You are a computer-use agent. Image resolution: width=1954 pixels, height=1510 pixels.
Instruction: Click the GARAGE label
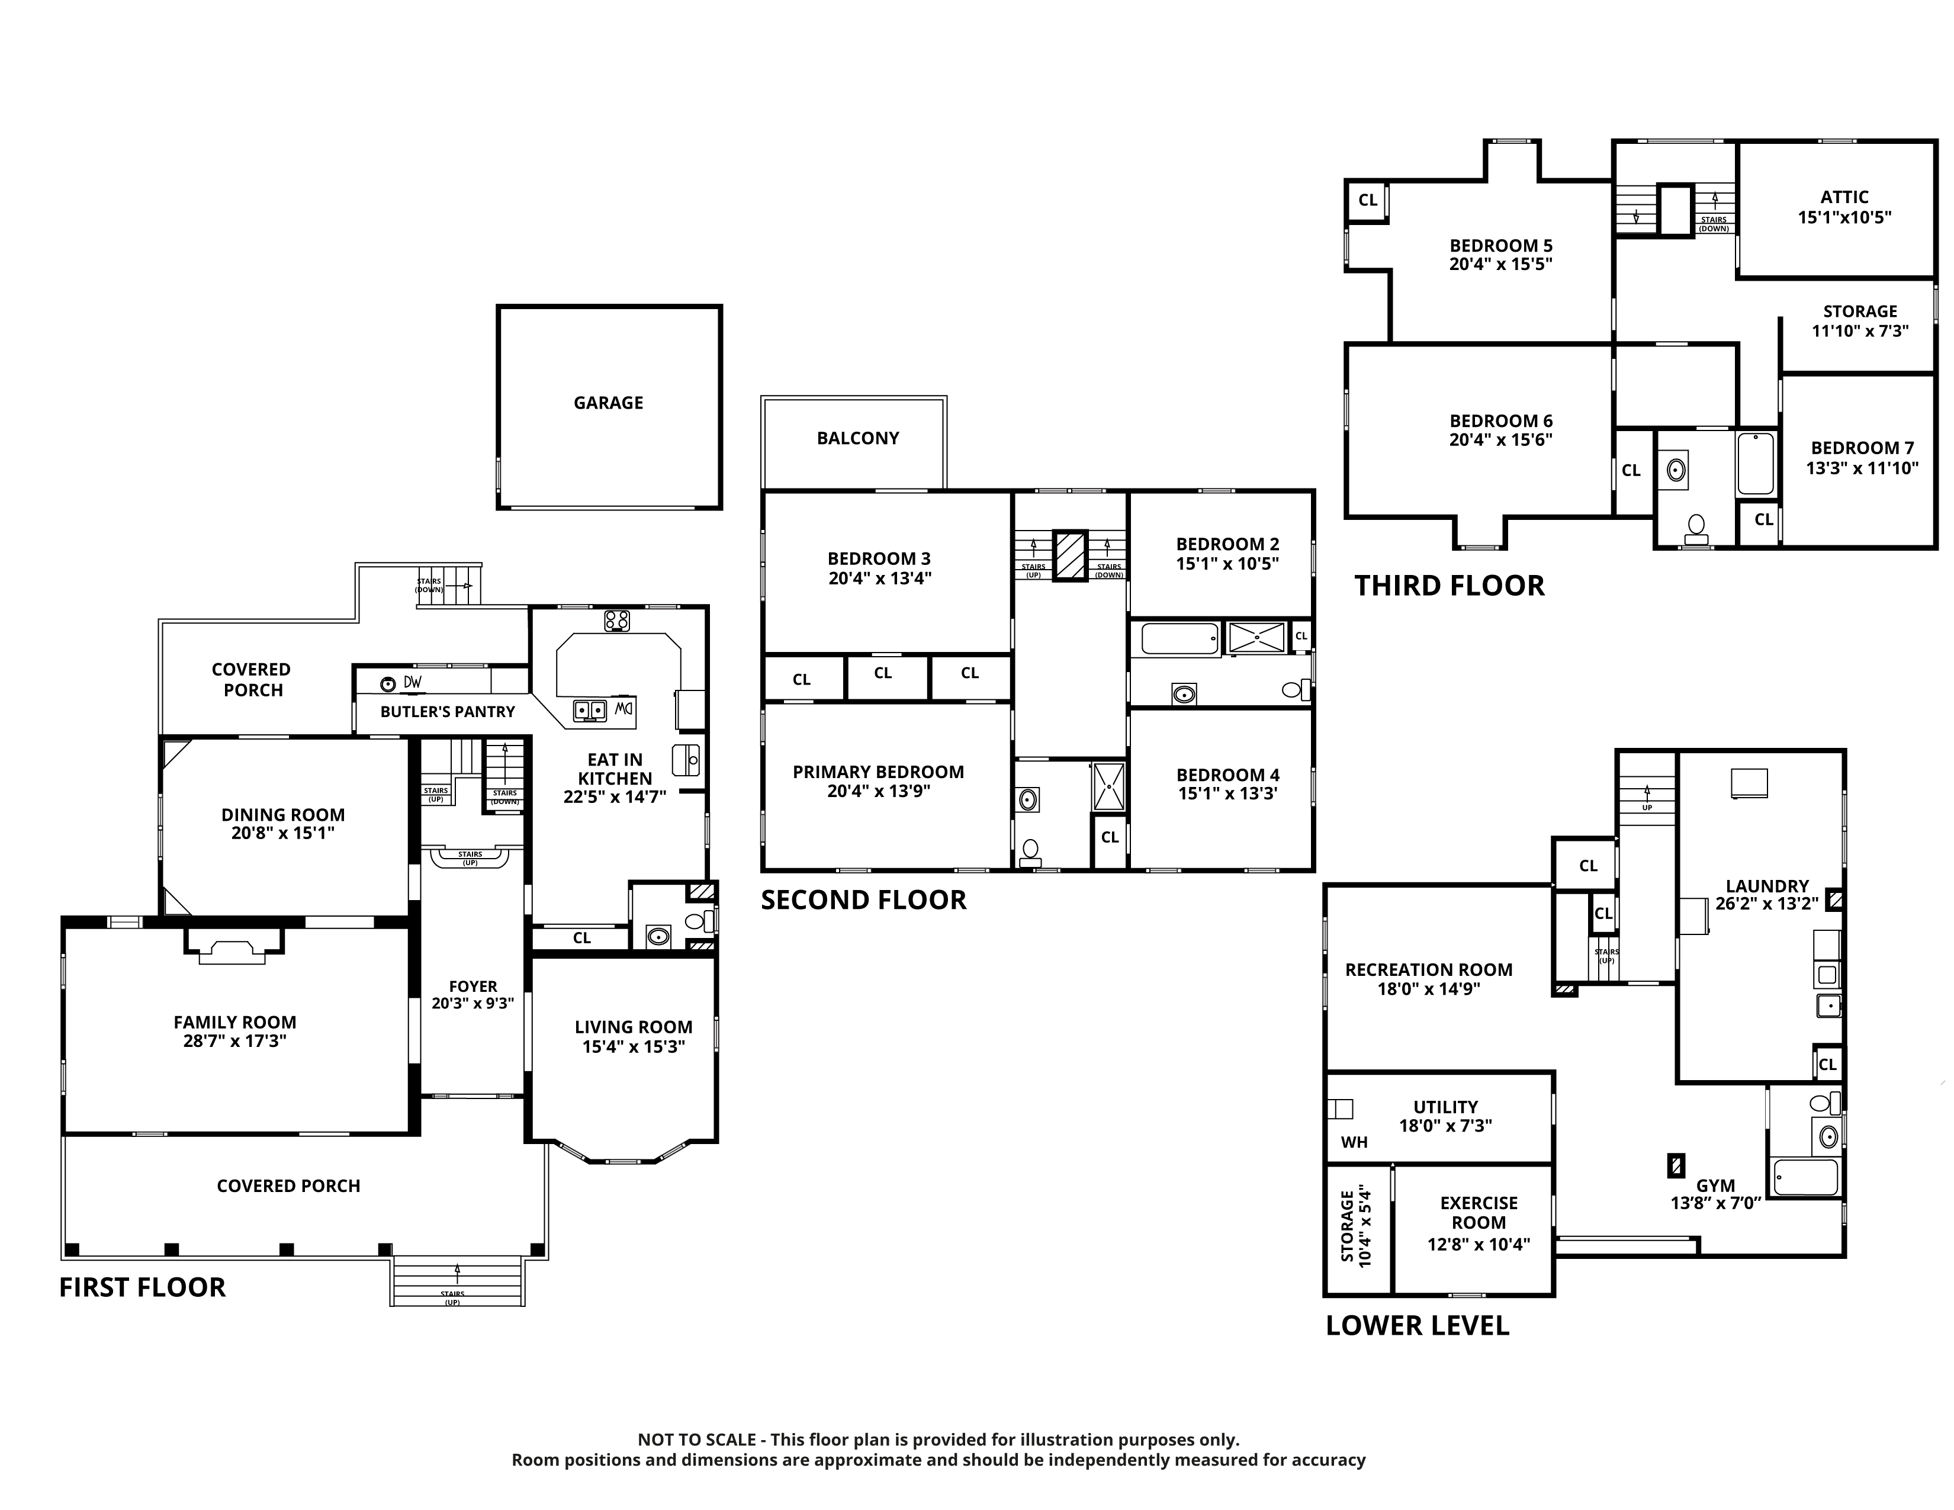(608, 403)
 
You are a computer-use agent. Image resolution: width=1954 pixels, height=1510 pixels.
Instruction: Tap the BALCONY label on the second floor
(858, 438)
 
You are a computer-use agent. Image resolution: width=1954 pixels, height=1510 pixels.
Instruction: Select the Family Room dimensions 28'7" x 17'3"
(234, 1041)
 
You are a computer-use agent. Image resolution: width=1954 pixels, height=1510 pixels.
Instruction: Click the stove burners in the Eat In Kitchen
(616, 620)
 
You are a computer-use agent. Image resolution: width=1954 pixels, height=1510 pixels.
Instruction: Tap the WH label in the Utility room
(1354, 1142)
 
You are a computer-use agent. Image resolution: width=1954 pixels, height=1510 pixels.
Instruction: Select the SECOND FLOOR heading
(863, 900)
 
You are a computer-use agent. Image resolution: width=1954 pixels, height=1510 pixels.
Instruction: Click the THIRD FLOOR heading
(1450, 586)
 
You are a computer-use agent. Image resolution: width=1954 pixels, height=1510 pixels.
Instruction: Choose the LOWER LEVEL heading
(1417, 1326)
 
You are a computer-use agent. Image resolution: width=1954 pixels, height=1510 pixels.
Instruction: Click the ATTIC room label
(1844, 197)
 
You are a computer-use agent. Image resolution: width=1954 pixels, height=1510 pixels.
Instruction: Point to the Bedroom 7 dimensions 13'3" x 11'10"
(1862, 468)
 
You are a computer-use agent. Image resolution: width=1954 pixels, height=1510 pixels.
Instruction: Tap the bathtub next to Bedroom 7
(1756, 464)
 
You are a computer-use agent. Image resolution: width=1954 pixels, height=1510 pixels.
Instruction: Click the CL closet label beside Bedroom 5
(1368, 200)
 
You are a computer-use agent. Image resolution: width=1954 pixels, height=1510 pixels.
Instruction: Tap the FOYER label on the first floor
(473, 987)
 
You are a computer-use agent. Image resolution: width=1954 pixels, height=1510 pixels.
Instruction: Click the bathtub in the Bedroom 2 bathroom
(1180, 639)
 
